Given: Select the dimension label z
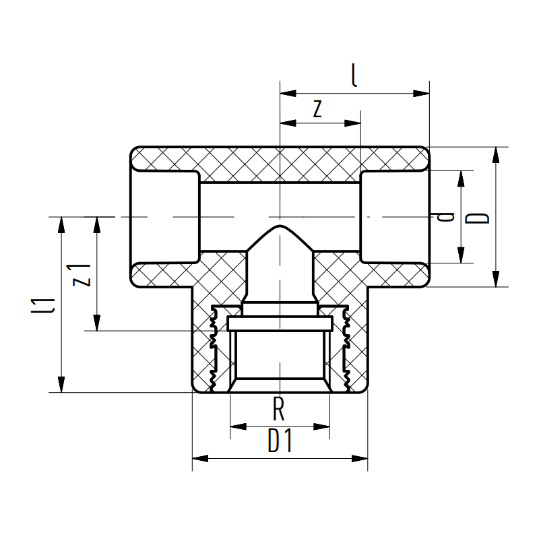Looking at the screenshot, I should [318, 108].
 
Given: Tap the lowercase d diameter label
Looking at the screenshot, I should [445, 217].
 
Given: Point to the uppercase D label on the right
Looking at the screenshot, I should [479, 217].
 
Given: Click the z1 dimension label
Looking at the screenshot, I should [82, 274].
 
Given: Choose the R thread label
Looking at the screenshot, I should [279, 410].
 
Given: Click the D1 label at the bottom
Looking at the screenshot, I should [280, 442].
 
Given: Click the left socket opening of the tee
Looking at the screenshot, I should [165, 217].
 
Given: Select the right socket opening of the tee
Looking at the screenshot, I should [394, 217].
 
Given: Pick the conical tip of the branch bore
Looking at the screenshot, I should [279, 232].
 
